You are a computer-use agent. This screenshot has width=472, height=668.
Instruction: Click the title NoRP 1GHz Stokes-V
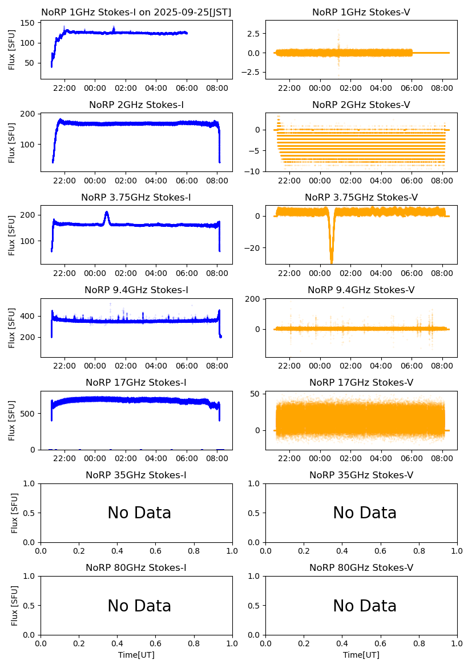click(x=361, y=13)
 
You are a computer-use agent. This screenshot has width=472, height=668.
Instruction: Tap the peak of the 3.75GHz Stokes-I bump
click(x=107, y=213)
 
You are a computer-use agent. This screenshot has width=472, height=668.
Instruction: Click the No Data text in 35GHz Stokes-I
click(x=139, y=513)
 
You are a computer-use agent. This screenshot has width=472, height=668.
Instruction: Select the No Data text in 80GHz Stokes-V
click(x=365, y=606)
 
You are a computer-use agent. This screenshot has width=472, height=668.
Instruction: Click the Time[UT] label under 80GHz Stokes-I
click(x=136, y=655)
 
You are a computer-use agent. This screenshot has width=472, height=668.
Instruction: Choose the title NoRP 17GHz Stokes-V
click(x=361, y=382)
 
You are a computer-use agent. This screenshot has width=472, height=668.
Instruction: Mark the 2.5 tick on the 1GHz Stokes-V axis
click(x=254, y=34)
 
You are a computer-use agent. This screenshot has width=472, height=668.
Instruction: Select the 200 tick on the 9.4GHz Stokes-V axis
click(x=254, y=299)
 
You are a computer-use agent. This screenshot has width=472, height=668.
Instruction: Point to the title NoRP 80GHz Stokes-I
click(x=136, y=567)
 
